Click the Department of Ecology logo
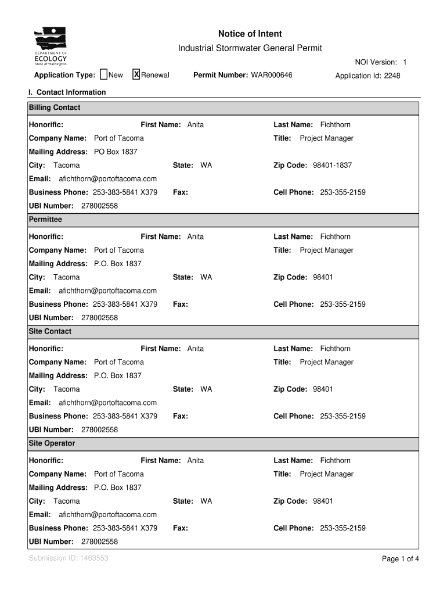point(51,46)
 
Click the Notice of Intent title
point(250,34)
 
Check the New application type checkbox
point(104,74)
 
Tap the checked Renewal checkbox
point(136,74)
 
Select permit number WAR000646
point(272,76)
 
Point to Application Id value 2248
point(392,76)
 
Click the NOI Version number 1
point(405,62)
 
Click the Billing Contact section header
point(55,107)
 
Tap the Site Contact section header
point(50,331)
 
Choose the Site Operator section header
point(52,443)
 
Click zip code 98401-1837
point(332,165)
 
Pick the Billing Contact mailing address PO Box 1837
point(116,152)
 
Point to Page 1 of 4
point(400,559)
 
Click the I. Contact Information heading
point(67,92)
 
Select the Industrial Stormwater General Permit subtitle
point(250,48)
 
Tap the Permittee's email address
point(108,291)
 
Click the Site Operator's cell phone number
point(343,528)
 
